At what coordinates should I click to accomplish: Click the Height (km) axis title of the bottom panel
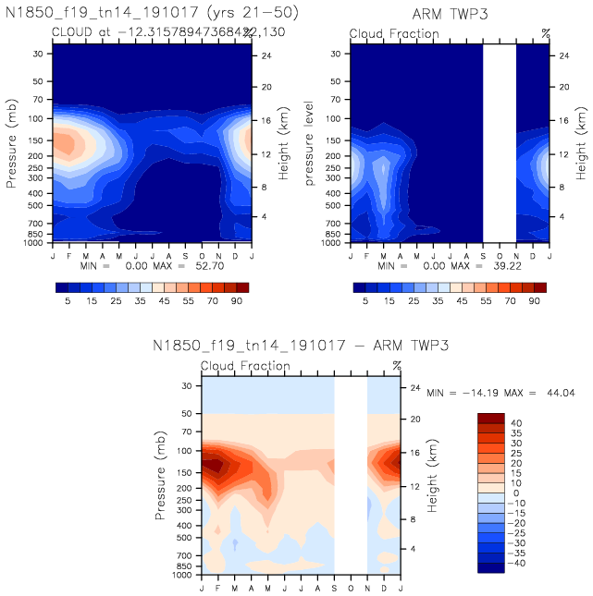click(x=432, y=478)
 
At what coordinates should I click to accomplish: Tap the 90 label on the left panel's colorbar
click(x=238, y=301)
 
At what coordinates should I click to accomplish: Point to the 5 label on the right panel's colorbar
click(x=366, y=301)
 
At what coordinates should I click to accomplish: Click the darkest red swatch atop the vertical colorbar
click(x=490, y=419)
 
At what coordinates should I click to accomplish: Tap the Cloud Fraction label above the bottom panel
click(x=245, y=366)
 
